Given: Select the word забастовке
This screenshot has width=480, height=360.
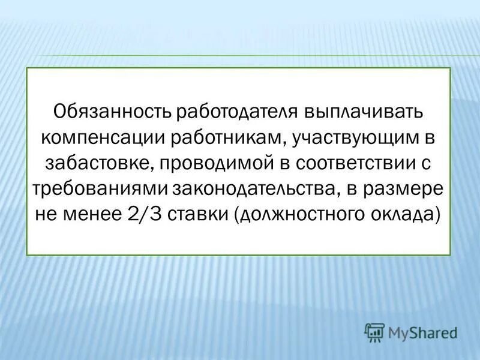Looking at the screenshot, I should coord(86,163).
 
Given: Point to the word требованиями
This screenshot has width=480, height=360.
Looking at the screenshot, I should coord(100,189).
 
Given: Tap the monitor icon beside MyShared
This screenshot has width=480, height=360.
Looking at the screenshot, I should coord(374,331).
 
